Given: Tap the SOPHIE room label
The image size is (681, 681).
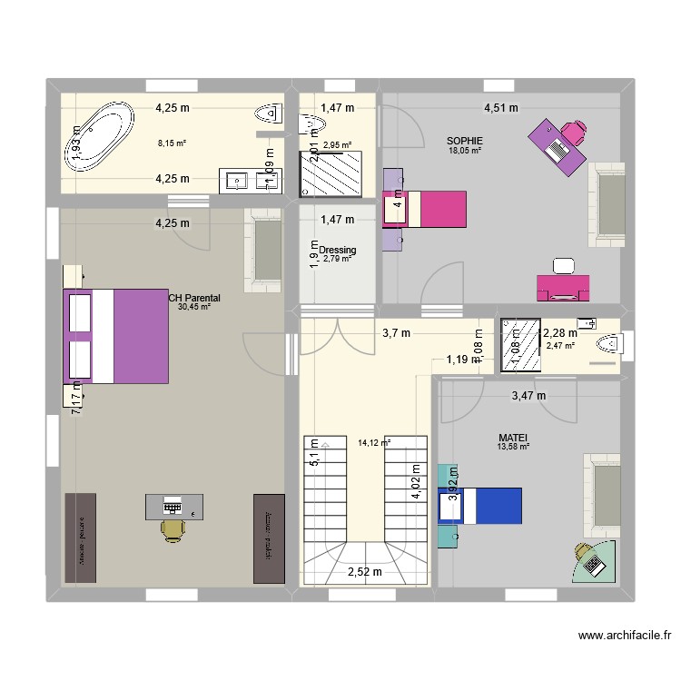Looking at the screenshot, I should coord(464,141).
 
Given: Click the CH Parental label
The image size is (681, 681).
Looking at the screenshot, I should coord(194,297).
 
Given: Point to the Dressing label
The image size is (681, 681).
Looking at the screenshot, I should coord(337,250).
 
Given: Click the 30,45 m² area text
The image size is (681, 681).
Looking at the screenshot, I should coord(194,307).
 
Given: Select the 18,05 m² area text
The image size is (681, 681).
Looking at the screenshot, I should coord(464,151).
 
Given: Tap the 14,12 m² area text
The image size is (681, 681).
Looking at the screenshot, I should coord(373,443).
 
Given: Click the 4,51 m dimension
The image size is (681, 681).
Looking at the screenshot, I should coord(500,108).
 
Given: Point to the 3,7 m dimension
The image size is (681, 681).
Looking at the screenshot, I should coord(396,333).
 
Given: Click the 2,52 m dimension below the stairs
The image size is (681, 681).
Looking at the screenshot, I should coord(365,571).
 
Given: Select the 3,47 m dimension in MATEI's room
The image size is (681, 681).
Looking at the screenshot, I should coord(528,395).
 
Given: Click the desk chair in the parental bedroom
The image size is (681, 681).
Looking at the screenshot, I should coord(172,529).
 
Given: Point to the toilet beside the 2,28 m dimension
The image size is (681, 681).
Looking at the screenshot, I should coord(611,344).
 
